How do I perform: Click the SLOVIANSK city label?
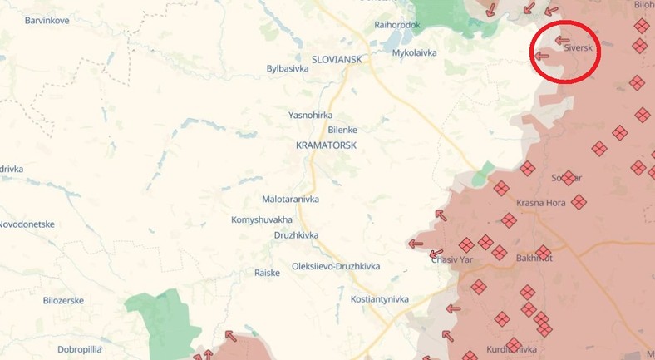[x=337, y=60]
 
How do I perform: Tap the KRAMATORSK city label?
[x=326, y=145]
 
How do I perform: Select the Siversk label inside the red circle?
[x=578, y=48]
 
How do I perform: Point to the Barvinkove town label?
[x=48, y=19]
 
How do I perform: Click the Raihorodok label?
[x=397, y=25]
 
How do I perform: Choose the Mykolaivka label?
[x=414, y=52]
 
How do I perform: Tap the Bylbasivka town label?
[x=288, y=69]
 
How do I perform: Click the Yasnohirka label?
[x=310, y=115]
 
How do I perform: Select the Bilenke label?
[x=342, y=130]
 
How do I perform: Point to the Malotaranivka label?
[x=290, y=200]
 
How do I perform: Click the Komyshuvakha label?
[x=262, y=219]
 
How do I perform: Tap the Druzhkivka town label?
[x=298, y=235]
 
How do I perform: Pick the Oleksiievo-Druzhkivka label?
[x=336, y=266]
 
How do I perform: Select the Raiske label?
[x=267, y=273]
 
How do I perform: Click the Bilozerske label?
[x=63, y=301]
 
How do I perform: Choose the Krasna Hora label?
[x=541, y=203]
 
